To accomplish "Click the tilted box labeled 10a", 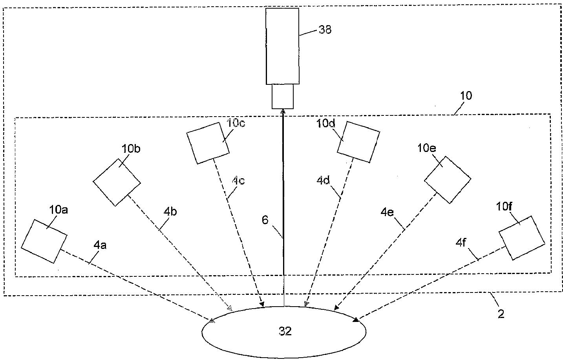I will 44,241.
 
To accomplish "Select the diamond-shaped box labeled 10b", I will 117,182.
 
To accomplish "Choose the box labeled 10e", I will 448,180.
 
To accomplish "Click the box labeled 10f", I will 522,238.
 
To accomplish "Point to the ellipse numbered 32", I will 284,332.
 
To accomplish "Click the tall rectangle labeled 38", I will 282,46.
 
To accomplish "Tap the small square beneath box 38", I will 283,96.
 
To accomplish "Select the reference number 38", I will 325,29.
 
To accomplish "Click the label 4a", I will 100,245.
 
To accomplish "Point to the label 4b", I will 170,212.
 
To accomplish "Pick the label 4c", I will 238,181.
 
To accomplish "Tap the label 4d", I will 324,181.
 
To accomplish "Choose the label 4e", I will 387,212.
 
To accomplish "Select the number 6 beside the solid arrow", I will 265,220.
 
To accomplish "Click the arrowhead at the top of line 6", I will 283,112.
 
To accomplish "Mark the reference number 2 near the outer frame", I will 501,314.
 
